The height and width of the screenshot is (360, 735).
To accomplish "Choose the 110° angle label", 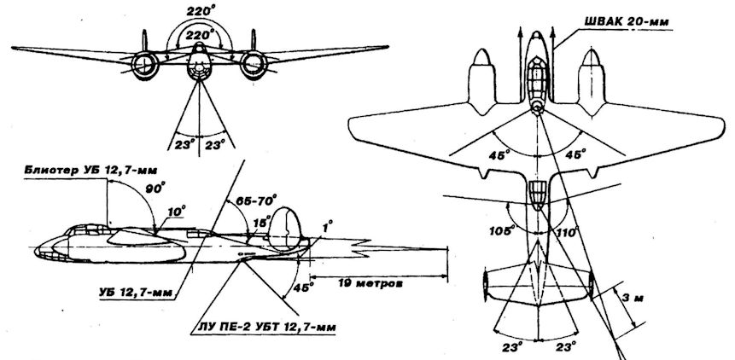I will pos(566,231).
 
